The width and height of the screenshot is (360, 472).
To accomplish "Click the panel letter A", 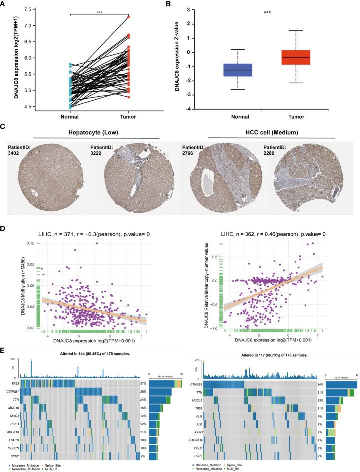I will coord(5,5).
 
